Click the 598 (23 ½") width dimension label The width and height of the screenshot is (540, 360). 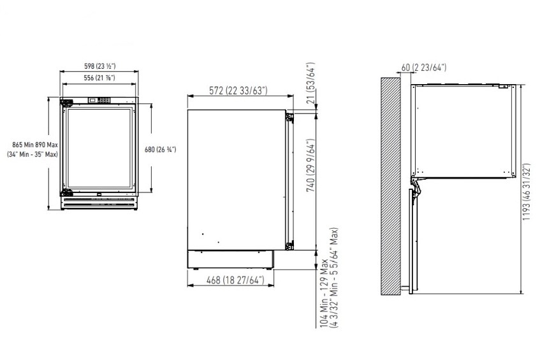tap(100, 66)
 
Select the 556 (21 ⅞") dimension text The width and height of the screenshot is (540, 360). tap(99, 78)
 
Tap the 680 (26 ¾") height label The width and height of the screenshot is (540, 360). tap(160, 149)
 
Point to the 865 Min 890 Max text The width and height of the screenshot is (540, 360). tap(35, 145)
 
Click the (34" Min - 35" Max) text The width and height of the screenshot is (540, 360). tap(33, 154)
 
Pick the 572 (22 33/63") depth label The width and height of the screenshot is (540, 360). tap(238, 90)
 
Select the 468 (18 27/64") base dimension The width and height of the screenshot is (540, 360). tap(235, 280)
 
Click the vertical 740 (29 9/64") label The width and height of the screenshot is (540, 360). tap(310, 165)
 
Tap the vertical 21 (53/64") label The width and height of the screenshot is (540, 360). tap(310, 83)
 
